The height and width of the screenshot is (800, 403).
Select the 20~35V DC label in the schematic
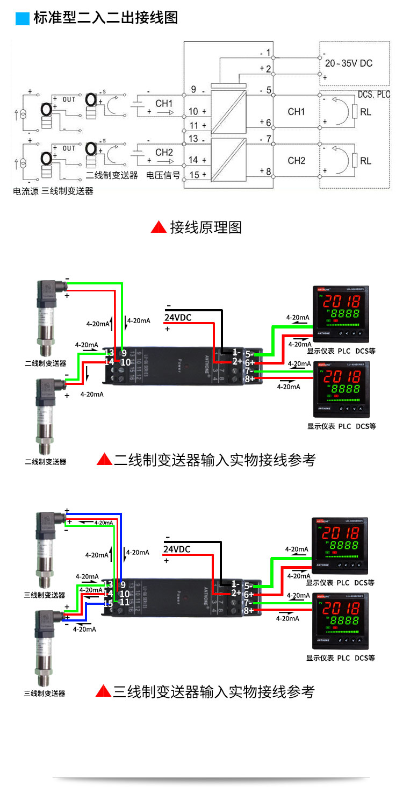(349, 63)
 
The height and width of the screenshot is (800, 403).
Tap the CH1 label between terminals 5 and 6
(296, 112)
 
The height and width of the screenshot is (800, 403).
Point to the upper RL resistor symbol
(355, 112)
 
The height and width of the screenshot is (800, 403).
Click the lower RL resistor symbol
(355, 161)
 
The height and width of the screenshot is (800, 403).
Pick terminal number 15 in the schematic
(193, 174)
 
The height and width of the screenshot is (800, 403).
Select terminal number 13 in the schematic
(193, 139)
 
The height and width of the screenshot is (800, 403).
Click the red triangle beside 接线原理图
(159, 227)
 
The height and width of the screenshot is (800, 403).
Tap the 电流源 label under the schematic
(25, 191)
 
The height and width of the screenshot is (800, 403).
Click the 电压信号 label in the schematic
(163, 175)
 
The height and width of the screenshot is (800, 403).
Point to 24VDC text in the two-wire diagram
(178, 317)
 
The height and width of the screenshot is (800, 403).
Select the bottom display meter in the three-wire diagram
(337, 622)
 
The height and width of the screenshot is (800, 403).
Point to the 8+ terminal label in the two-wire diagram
(249, 379)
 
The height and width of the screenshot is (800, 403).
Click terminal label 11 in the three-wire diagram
(125, 602)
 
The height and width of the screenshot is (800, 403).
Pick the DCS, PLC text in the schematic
(374, 94)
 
